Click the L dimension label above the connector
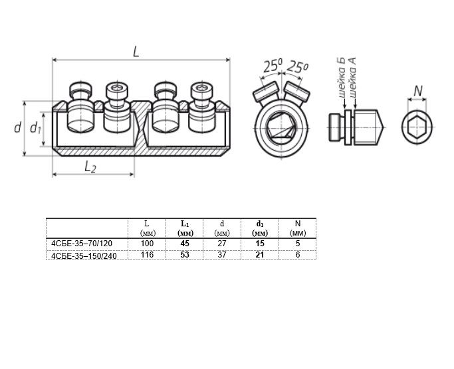[x=136, y=52]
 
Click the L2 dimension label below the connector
[x=90, y=167]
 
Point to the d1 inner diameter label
[x=36, y=128]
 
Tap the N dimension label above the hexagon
[x=418, y=92]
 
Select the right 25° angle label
[x=297, y=67]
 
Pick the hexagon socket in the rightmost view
[x=417, y=127]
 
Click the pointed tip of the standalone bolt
[x=383, y=127]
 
